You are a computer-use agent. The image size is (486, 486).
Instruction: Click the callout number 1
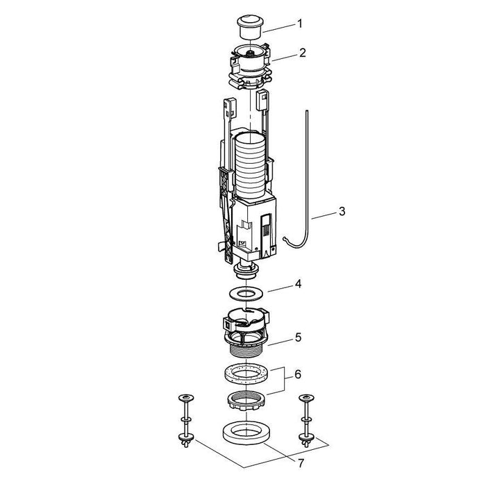click(x=299, y=24)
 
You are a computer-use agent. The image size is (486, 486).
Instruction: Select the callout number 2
click(x=303, y=53)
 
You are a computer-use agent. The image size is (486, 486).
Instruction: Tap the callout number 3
click(x=342, y=211)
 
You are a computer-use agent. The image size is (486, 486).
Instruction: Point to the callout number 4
click(x=298, y=283)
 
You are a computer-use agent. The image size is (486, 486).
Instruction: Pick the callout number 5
click(x=298, y=337)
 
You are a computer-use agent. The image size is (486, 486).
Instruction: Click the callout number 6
click(x=298, y=374)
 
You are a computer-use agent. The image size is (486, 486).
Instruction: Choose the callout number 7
click(x=301, y=463)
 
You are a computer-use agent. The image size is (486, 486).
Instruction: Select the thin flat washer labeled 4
click(x=246, y=294)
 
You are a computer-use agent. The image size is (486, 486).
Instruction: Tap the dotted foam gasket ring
click(x=246, y=374)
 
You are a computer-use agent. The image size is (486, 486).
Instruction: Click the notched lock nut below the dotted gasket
click(x=246, y=401)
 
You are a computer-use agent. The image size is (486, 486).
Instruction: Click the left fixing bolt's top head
click(x=186, y=397)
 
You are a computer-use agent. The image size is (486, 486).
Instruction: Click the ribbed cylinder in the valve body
click(x=250, y=166)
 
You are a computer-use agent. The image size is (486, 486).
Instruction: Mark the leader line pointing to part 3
click(x=324, y=216)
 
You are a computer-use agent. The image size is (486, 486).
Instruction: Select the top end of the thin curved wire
click(x=306, y=110)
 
